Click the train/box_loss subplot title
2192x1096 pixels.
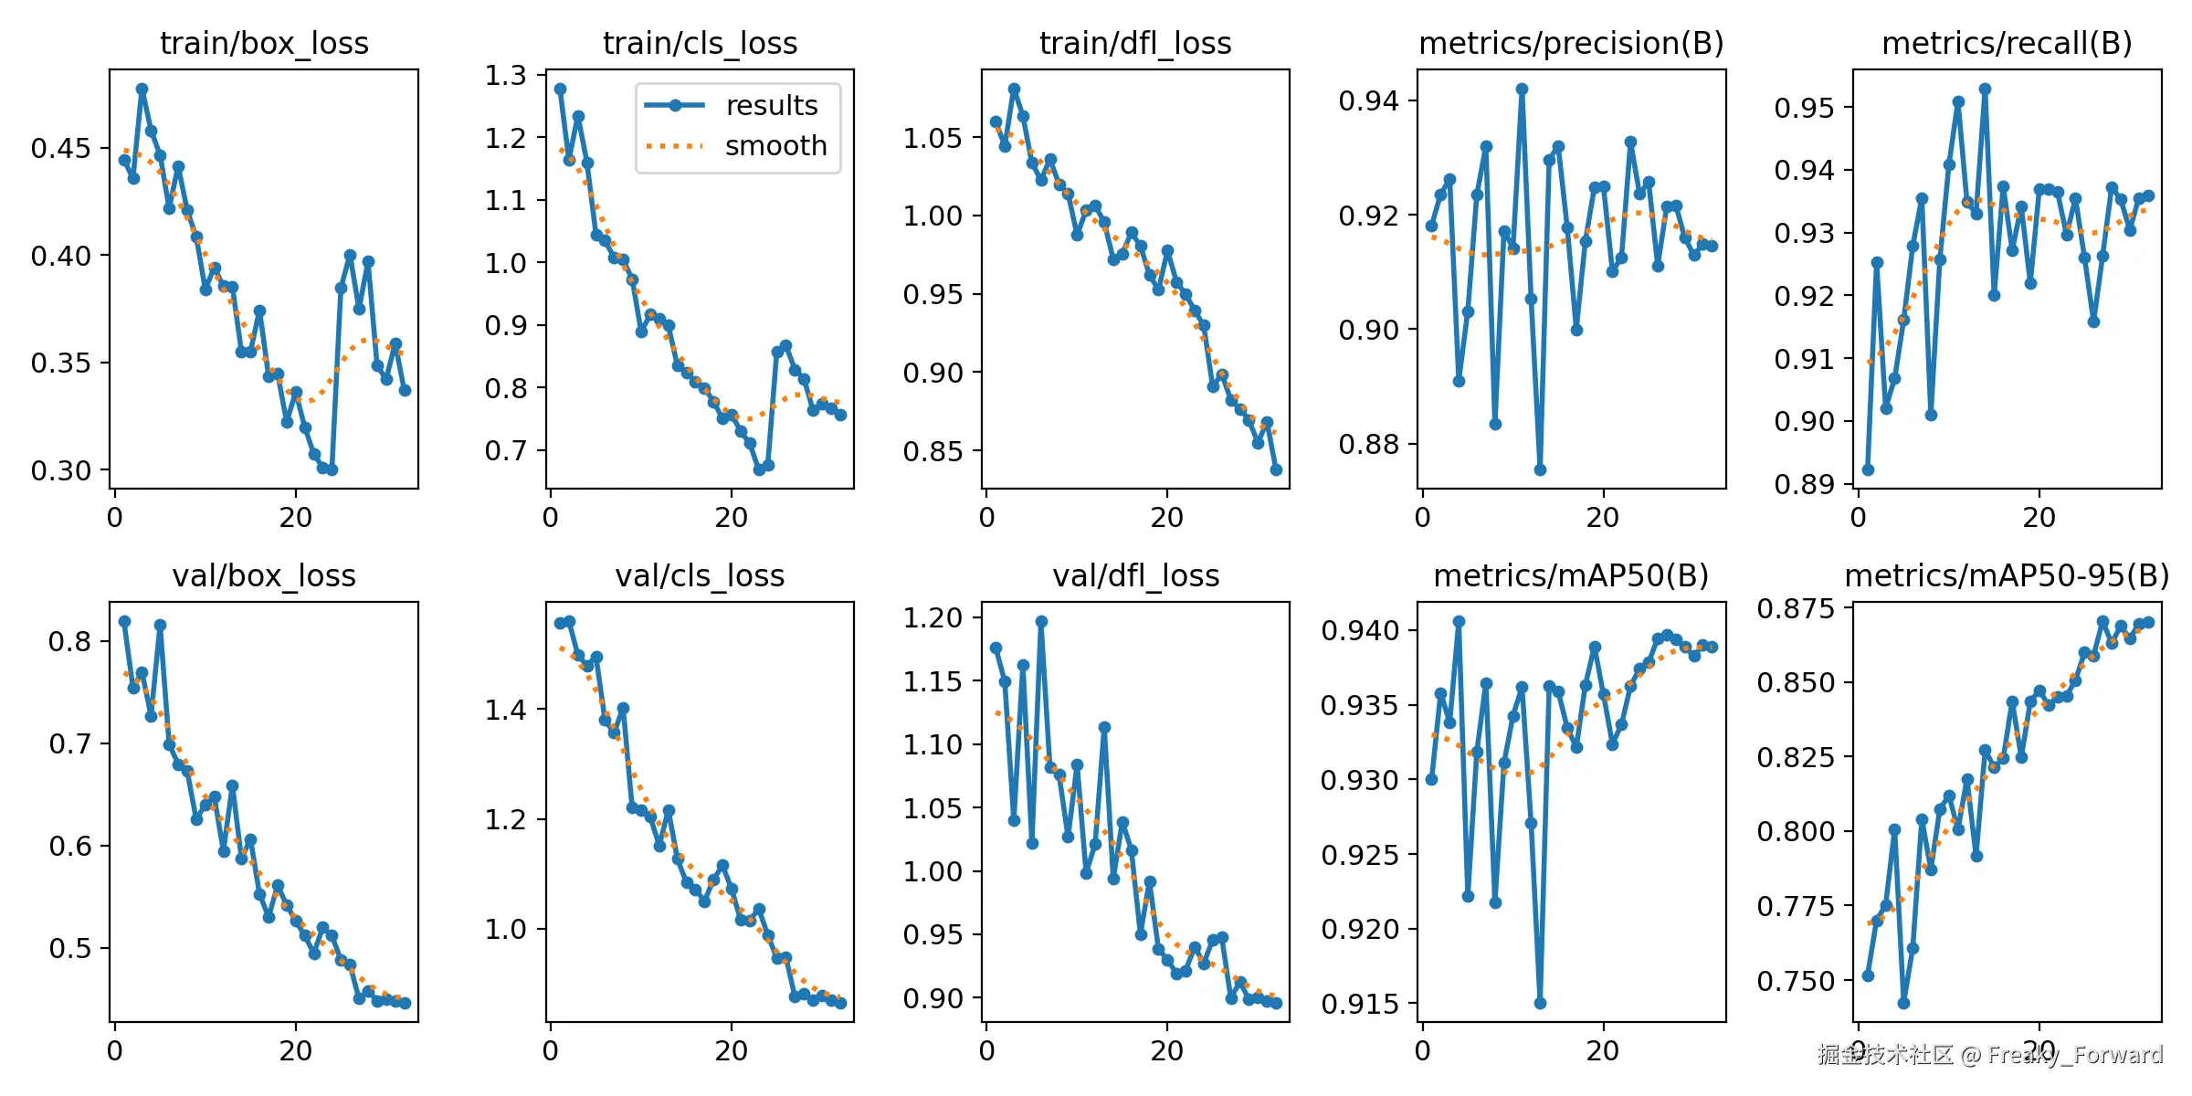click(x=264, y=43)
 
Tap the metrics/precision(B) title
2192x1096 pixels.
click(x=1571, y=43)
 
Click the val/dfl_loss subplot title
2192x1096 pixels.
click(x=1135, y=575)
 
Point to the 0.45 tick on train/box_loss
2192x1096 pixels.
click(x=61, y=148)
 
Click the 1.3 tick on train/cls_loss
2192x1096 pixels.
click(x=506, y=75)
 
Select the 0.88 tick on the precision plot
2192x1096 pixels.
click(x=1368, y=444)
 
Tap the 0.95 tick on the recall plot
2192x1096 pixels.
click(x=1804, y=108)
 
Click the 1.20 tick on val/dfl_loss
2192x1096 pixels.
click(x=933, y=618)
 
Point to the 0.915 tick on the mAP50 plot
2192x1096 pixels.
click(x=1359, y=1004)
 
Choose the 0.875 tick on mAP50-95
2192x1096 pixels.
click(x=1795, y=608)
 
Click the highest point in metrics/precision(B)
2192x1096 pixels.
click(x=1522, y=90)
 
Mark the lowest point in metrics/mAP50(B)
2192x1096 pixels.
click(x=1540, y=1003)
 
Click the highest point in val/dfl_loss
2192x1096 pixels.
click(x=1041, y=621)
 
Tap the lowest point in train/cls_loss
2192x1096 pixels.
click(x=759, y=469)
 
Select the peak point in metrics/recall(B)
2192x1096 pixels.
click(x=1985, y=90)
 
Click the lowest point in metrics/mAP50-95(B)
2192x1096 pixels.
click(x=1903, y=1003)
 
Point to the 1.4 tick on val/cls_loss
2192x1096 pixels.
click(x=505, y=710)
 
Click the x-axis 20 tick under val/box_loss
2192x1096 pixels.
click(x=295, y=1050)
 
